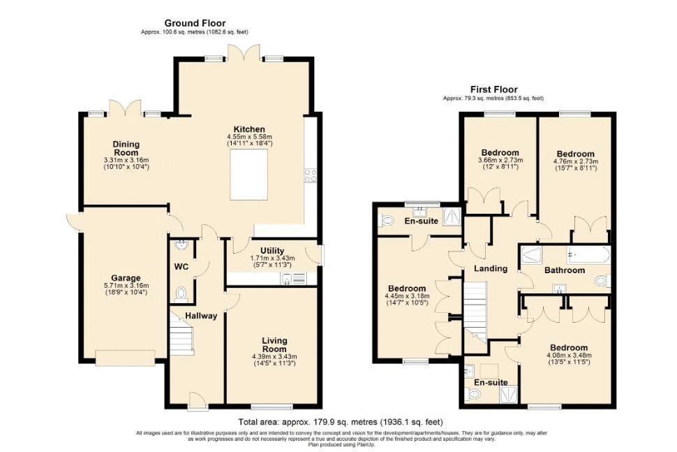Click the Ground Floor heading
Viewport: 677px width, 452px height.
point(195,23)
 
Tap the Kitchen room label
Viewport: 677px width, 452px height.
point(249,129)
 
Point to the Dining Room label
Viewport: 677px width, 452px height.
point(126,148)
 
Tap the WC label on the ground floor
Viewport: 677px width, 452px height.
point(181,266)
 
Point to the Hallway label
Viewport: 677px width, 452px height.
point(201,316)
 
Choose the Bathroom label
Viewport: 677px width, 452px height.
point(565,270)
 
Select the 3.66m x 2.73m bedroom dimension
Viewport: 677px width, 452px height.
point(500,160)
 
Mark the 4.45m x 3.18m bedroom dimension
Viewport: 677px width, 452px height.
point(407,296)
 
